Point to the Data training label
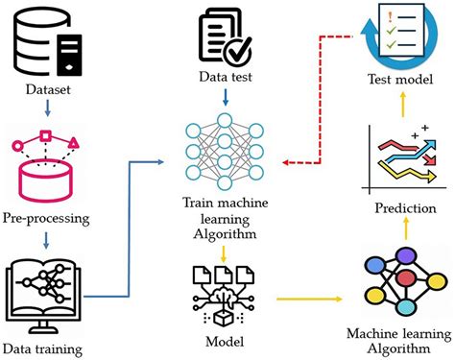[x=49, y=348]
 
